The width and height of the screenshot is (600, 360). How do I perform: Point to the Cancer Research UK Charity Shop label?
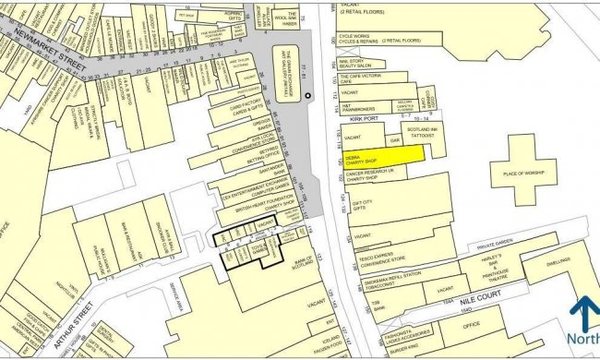(x=370, y=174)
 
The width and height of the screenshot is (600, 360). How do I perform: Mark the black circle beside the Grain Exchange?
(x=309, y=95)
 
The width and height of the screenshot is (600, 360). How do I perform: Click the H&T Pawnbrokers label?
(x=358, y=107)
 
